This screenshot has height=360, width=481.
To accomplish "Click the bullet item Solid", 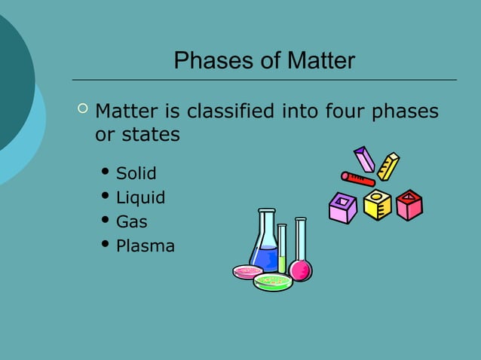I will point(136,174).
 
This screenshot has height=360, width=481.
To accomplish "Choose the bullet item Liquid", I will point(140,198).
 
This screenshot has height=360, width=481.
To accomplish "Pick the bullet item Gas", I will point(131,222).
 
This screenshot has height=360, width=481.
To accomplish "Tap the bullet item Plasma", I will point(145,246).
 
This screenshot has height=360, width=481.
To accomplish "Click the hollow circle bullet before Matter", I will point(82,111).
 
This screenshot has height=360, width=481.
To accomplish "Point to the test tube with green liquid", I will point(282,249).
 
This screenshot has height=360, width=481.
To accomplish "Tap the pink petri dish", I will point(247,272).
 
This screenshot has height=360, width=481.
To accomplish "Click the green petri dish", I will point(272,282).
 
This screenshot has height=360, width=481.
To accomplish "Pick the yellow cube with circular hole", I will point(377,204).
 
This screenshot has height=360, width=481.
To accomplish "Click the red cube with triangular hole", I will point(409,204).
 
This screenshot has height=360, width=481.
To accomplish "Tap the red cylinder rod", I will point(357,179).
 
